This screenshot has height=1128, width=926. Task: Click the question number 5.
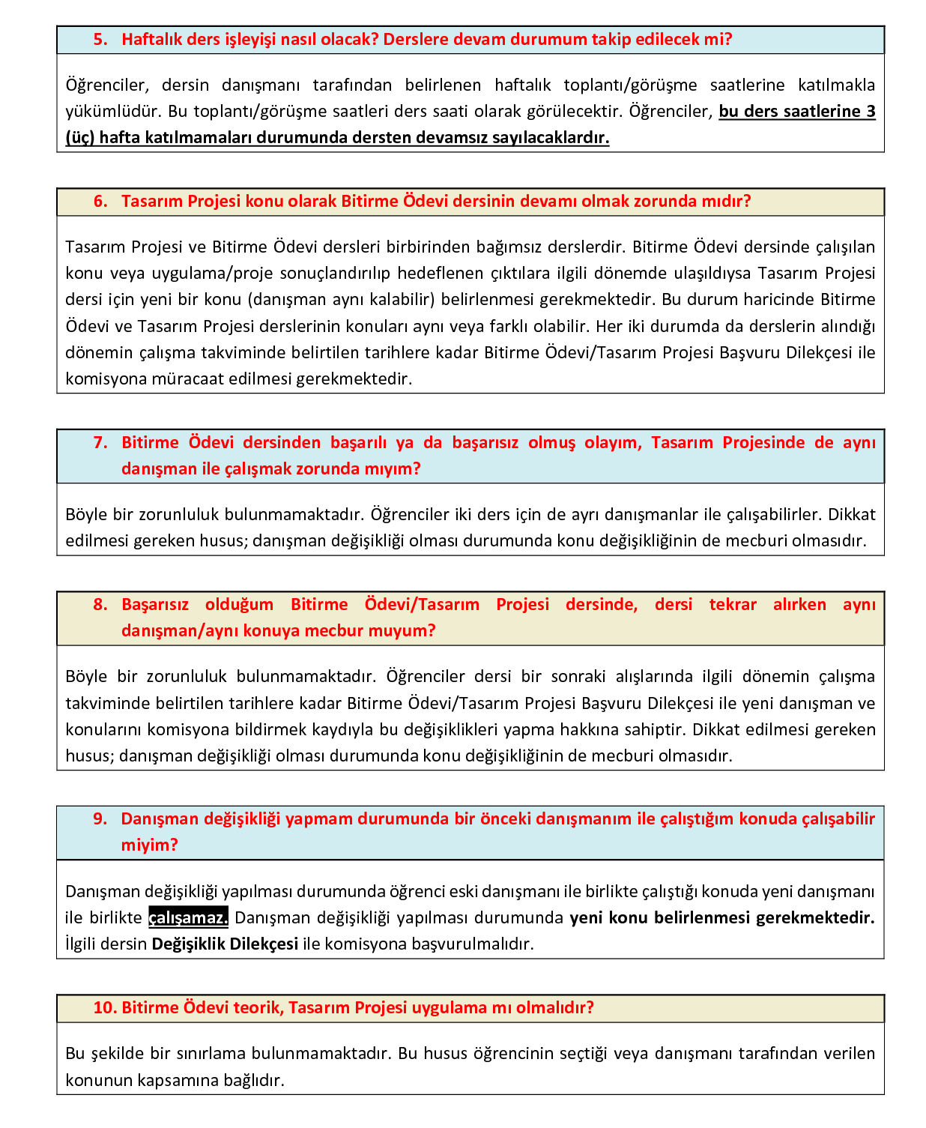pos(100,40)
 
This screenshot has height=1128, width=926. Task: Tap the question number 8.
pos(100,605)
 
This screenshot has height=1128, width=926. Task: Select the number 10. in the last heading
pos(105,1008)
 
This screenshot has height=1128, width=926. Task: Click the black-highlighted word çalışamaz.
pos(188,918)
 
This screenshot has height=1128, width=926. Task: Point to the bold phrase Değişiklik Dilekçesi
pos(225,944)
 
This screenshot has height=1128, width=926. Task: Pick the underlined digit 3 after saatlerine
pos(871,112)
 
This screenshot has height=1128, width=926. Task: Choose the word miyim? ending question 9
pos(150,845)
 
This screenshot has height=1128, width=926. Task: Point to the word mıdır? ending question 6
pos(726,202)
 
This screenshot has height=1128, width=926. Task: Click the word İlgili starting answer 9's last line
pos(84,944)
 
